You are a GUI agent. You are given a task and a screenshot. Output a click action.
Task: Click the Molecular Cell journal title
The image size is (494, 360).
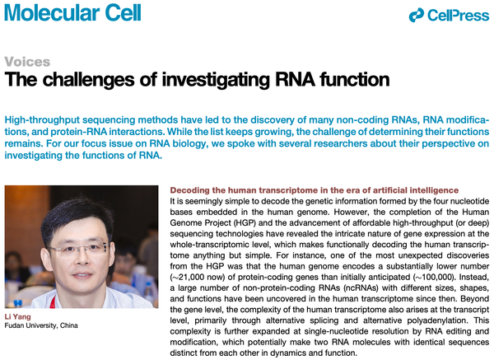(x=72, y=12)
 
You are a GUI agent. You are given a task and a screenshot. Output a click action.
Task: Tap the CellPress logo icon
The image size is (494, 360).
(x=416, y=16)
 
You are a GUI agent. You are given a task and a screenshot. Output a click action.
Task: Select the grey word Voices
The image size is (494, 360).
(x=27, y=62)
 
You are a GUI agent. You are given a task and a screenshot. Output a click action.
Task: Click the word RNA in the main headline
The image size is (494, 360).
(x=295, y=79)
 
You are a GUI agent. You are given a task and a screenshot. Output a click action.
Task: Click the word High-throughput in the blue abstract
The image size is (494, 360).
(x=42, y=120)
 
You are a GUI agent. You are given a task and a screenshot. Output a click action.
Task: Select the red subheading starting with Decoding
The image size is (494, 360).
(x=315, y=190)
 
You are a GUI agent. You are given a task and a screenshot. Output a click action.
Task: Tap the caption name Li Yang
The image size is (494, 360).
(x=17, y=317)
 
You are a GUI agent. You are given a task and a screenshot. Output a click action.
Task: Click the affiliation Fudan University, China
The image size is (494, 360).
(x=41, y=325)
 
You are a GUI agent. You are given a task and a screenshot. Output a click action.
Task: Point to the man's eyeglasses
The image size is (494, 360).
(x=79, y=249)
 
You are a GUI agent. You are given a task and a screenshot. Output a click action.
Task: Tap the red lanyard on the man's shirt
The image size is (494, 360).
(x=54, y=301)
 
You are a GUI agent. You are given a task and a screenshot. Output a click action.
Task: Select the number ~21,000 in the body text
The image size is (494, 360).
(x=187, y=278)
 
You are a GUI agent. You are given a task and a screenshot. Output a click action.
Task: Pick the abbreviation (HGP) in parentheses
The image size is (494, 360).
(x=245, y=223)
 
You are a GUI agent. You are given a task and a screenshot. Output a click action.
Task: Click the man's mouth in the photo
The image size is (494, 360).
(x=82, y=275)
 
